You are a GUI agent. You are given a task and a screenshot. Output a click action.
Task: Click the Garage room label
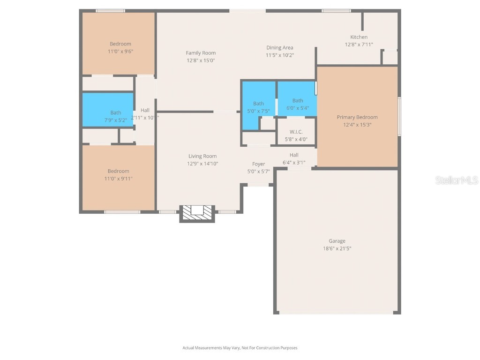click(337, 241)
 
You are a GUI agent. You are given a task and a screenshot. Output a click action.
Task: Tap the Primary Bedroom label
click(357, 117)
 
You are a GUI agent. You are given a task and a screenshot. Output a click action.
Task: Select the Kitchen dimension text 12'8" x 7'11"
click(359, 45)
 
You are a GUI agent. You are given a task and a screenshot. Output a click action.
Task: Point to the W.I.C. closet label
click(296, 132)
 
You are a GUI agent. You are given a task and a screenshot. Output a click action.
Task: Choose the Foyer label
click(258, 164)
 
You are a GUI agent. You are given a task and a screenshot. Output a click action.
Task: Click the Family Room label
click(201, 53)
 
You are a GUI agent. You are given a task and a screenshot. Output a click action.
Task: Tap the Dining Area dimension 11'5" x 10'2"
click(280, 55)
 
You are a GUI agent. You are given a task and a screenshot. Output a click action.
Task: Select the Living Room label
click(202, 156)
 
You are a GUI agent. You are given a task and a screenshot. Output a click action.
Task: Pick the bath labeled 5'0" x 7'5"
click(258, 107)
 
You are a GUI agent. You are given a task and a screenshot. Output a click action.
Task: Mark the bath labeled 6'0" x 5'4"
click(298, 104)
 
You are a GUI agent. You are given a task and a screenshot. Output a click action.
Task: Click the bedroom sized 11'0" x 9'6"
click(120, 47)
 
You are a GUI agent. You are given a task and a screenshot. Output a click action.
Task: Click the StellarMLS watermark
click(456, 180)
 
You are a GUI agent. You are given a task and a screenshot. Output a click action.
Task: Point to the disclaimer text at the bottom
click(240, 348)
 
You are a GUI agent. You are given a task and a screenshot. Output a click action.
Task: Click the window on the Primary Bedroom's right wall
click(399, 116)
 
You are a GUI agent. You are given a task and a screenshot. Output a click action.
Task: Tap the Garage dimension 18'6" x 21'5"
click(337, 248)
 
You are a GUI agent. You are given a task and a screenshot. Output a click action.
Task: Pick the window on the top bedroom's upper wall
click(110, 10)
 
